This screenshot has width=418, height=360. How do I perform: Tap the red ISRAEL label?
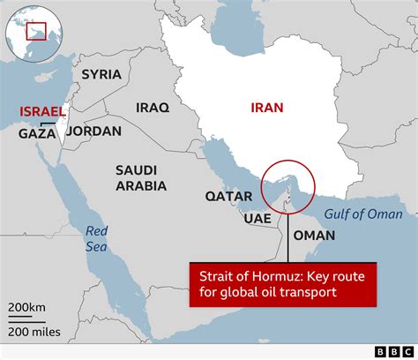click(42, 112)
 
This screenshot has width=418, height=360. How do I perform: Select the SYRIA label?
click(102, 74)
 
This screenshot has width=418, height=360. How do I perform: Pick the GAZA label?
click(37, 134)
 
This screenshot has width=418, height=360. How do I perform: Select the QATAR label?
click(224, 196)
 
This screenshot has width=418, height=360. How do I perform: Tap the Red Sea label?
click(96, 237)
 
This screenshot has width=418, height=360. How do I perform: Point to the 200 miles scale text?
click(33, 331)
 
